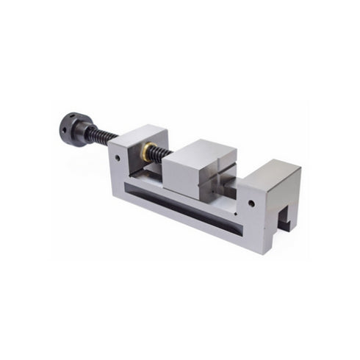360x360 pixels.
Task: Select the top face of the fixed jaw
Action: pyautogui.click(x=273, y=170)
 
